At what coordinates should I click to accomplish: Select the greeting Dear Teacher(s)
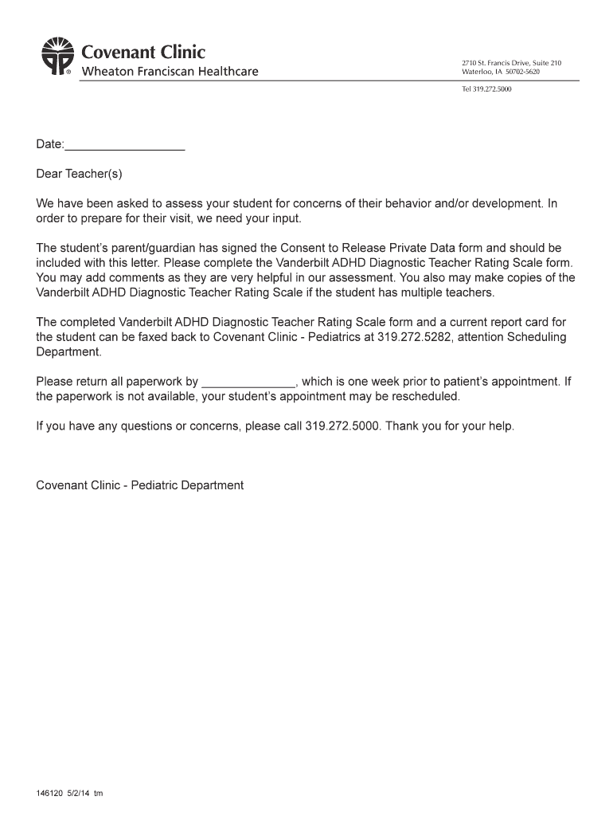click(x=80, y=173)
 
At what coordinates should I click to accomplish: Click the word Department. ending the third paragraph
click(x=68, y=351)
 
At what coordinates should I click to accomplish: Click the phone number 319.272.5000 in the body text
click(x=342, y=426)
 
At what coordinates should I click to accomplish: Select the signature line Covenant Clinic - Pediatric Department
click(x=140, y=485)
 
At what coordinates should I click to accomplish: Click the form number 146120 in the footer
click(x=49, y=794)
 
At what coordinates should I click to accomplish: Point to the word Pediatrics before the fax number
click(x=334, y=337)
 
